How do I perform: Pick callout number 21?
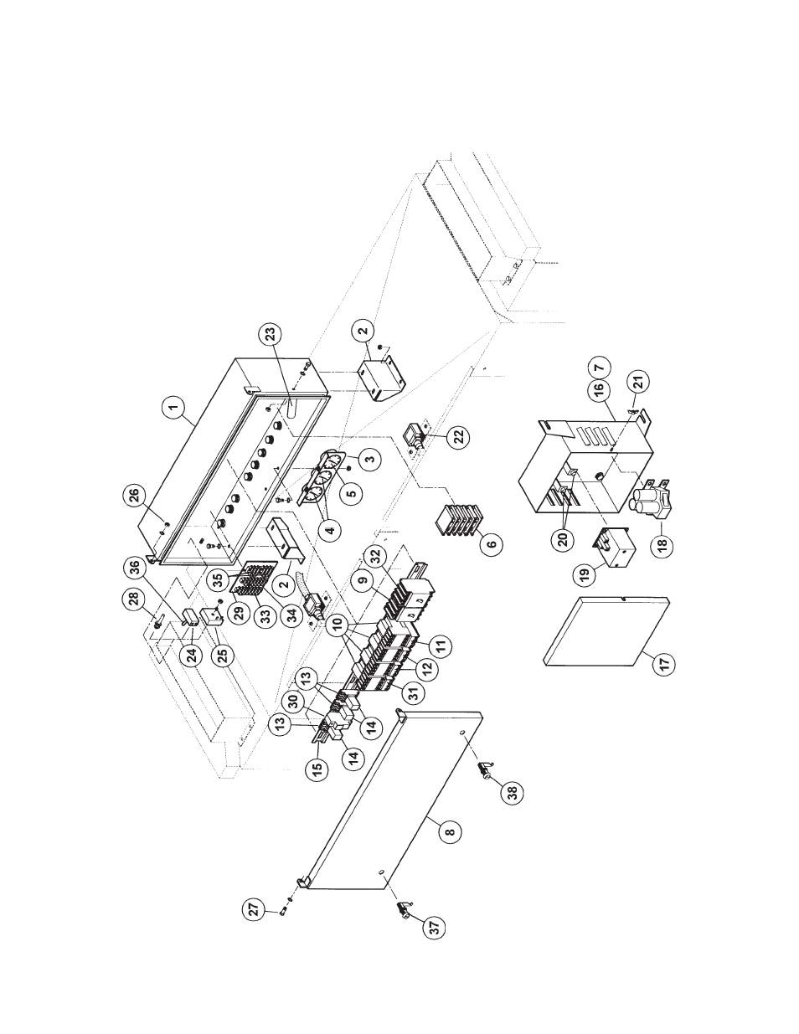[x=638, y=383]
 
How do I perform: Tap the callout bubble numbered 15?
[x=318, y=768]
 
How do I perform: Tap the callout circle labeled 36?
[x=158, y=565]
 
